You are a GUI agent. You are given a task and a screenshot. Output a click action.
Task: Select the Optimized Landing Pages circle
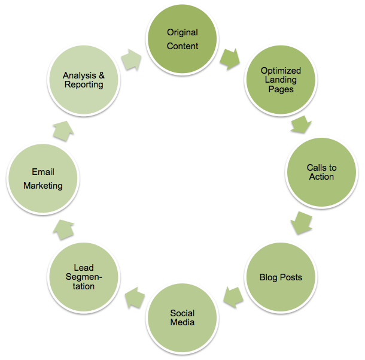281,80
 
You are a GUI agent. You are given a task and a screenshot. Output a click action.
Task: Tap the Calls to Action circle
321,173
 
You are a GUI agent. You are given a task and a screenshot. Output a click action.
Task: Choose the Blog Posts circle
281,277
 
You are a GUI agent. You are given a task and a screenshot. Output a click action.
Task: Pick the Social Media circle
182,317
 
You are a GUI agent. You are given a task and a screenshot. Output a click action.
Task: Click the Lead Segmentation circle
84,277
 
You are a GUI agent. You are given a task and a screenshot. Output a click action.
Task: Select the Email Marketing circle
43,179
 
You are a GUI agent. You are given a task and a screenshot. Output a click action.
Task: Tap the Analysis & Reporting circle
83,80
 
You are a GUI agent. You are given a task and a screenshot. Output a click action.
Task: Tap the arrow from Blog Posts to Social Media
232,295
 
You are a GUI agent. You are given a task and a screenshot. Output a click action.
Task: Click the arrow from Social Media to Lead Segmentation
133,297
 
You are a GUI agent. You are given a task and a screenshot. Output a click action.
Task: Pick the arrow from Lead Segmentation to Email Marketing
64,228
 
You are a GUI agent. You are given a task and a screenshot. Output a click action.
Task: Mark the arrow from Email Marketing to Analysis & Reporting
63,128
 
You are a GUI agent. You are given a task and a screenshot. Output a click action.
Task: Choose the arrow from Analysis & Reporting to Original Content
132,58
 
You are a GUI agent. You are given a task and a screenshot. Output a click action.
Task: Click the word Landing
281,80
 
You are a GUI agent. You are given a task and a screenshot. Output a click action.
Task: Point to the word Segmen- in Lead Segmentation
84,277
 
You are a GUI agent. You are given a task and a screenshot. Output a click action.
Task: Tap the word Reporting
84,85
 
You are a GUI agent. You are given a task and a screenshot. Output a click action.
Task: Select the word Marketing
43,185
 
